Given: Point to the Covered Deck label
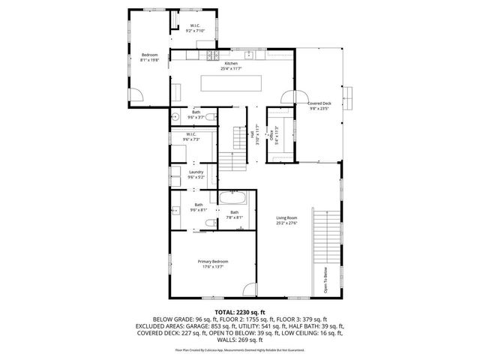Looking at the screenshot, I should pyautogui.click(x=319, y=103).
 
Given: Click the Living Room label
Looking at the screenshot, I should pyautogui.click(x=287, y=218).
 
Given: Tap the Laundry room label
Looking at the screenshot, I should pyautogui.click(x=196, y=172).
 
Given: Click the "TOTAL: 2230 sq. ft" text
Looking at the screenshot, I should pyautogui.click(x=239, y=311).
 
